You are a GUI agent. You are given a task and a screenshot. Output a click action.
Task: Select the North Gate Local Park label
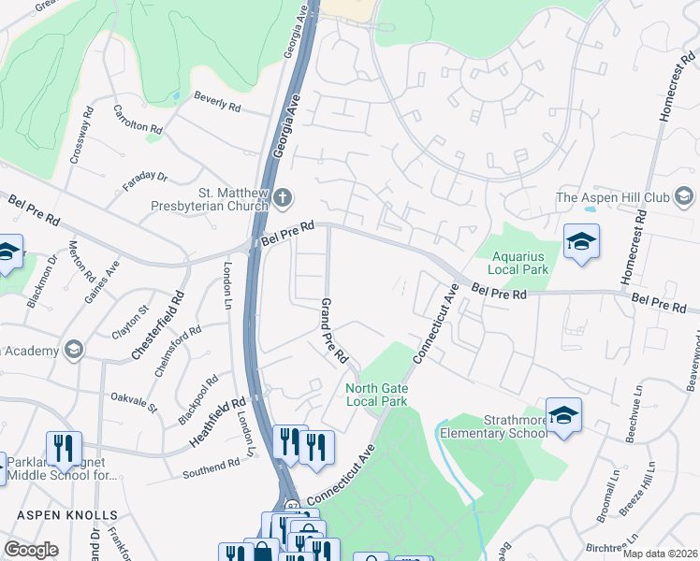[377, 395]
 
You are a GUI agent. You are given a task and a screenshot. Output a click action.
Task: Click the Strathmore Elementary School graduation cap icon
[563, 414]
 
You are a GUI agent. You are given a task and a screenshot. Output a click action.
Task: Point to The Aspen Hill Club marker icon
[684, 196]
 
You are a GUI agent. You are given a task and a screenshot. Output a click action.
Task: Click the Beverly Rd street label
[217, 102]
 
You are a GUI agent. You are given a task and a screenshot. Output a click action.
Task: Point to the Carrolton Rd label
[138, 119]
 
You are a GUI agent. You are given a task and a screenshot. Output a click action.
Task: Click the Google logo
[31, 550]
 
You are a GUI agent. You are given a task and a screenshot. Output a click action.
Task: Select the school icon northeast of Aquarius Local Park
[580, 242]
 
